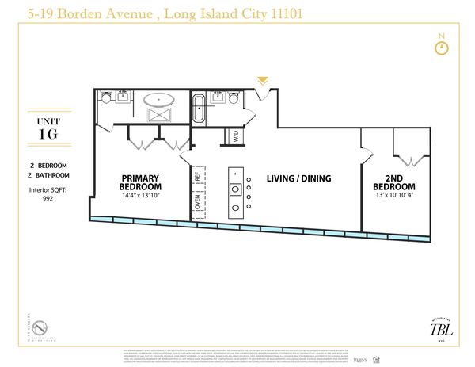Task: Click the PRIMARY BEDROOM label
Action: [141, 182]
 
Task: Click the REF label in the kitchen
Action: [197, 177]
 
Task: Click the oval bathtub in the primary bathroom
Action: [161, 101]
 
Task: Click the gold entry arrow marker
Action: [263, 81]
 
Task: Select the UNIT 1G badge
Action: [48, 127]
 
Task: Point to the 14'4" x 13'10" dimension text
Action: [141, 194]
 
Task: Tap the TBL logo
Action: [435, 329]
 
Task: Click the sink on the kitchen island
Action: [234, 189]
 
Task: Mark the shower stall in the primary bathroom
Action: [162, 116]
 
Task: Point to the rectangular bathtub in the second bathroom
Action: [199, 107]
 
